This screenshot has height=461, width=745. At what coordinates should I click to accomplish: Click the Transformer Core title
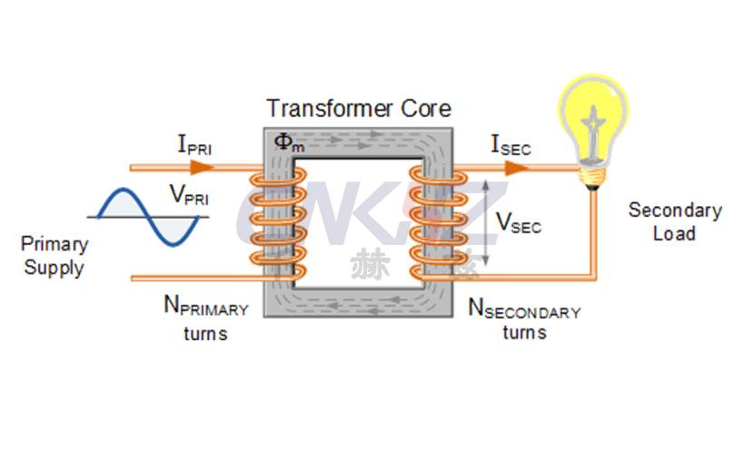point(358,109)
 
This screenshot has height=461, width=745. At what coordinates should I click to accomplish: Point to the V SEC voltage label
point(518,222)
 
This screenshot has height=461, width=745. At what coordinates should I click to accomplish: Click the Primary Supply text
point(55,256)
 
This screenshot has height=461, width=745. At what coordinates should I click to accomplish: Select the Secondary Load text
point(674,221)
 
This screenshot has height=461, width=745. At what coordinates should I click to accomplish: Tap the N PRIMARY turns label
point(205,318)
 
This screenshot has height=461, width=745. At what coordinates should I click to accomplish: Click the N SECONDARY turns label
point(524,319)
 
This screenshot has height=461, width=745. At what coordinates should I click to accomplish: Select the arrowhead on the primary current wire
point(202,167)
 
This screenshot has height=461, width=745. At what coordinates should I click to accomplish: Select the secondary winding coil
point(428,222)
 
